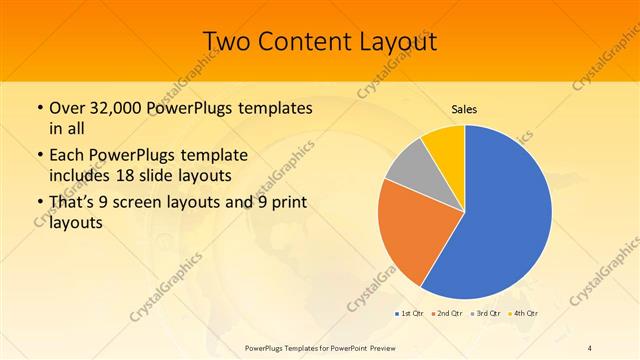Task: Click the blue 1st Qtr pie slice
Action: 505,220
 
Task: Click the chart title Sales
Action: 464,109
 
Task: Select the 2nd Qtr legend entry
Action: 447,314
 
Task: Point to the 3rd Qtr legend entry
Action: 486,314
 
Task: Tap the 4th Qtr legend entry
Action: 524,314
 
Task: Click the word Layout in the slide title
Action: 397,41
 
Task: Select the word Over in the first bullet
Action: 66,108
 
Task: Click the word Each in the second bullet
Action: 67,156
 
